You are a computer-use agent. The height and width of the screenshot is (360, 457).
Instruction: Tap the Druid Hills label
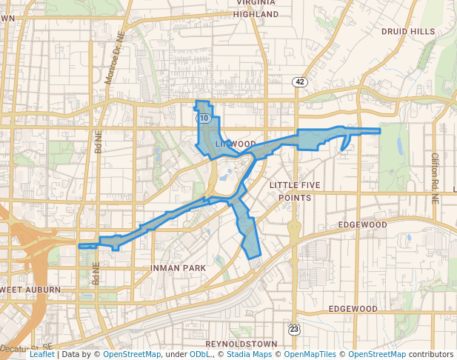tap(408, 31)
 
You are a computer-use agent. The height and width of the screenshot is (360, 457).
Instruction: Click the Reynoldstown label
tap(241, 344)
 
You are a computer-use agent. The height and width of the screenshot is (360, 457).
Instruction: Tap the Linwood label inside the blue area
tap(236, 144)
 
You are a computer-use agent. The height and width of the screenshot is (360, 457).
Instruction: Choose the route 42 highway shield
tap(299, 81)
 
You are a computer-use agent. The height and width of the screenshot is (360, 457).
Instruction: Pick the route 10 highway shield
tap(203, 118)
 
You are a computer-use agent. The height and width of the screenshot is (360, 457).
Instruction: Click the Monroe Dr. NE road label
tap(112, 63)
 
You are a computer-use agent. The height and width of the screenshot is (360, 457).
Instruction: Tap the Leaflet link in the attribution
tap(41, 355)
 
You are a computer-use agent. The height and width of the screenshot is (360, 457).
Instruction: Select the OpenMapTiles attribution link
tap(310, 355)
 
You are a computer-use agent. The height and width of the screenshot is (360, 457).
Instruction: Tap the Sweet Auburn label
tap(24, 288)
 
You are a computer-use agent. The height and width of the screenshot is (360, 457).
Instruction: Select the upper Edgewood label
tap(362, 224)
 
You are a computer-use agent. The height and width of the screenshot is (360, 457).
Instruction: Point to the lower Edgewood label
tap(353, 308)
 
